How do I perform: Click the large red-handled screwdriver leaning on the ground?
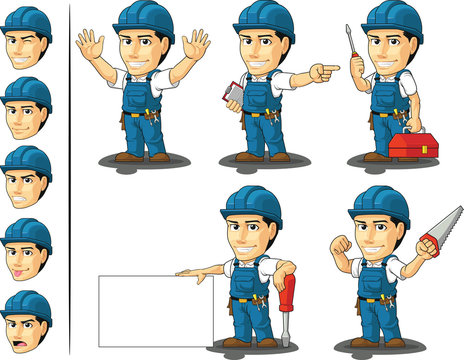[x=289, y=301]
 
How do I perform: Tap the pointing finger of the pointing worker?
[x=330, y=70]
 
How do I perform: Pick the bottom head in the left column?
[x=27, y=319]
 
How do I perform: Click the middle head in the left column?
[x=27, y=176]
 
